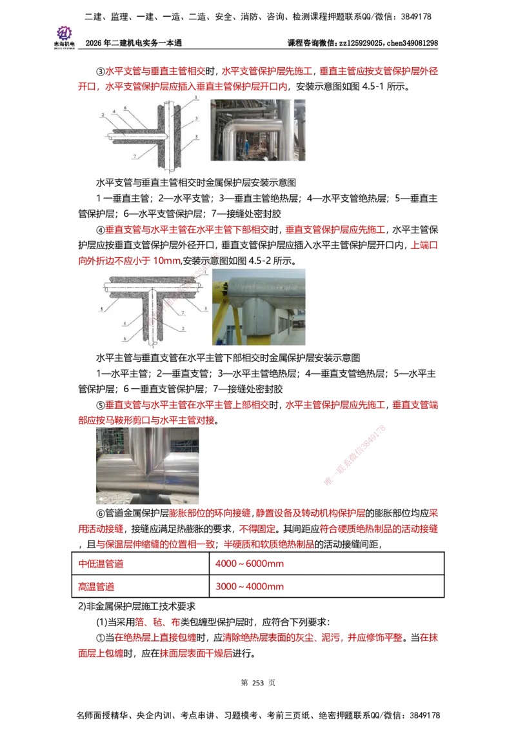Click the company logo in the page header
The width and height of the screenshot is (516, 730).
(x=64, y=36)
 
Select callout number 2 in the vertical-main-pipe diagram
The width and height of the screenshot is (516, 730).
(x=102, y=114)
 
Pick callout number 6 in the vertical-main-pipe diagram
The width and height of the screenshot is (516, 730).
(x=126, y=107)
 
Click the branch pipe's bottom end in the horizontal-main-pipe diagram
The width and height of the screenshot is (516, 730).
(x=152, y=348)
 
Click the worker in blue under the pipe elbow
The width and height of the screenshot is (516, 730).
(x=248, y=153)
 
